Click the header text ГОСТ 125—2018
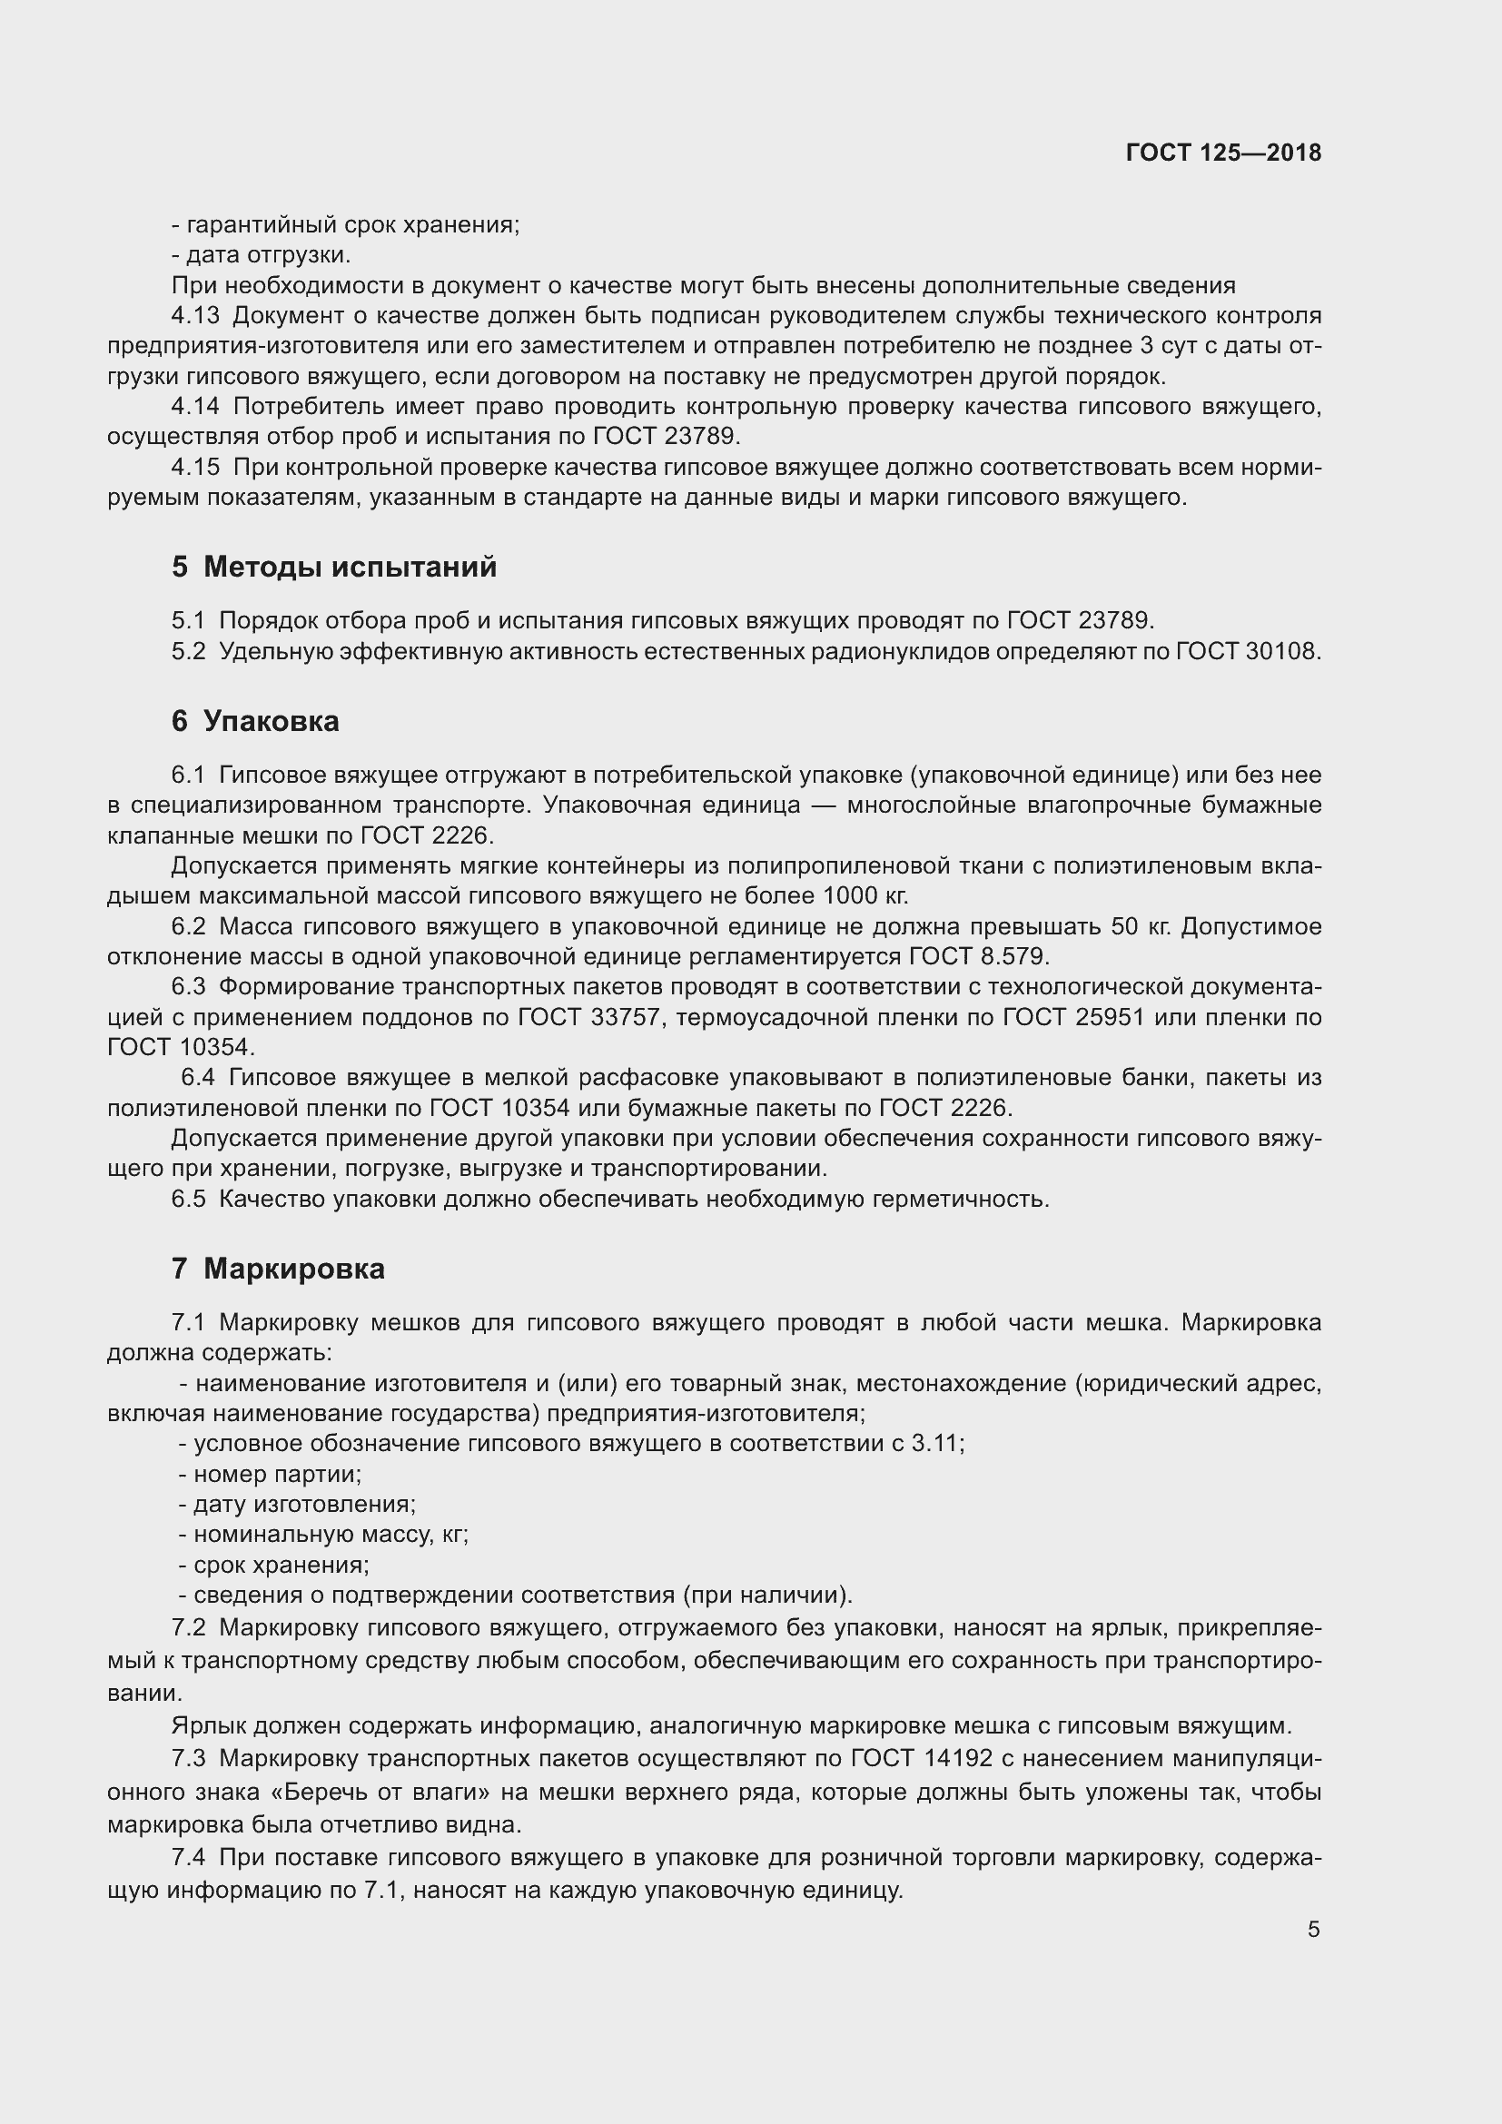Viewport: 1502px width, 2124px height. [1222, 153]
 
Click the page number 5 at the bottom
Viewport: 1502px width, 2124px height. [1313, 1929]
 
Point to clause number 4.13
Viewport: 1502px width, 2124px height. [195, 315]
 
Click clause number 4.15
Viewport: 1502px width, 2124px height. [195, 467]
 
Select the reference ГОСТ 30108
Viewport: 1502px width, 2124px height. [1248, 651]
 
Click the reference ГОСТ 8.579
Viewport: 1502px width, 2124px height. [980, 955]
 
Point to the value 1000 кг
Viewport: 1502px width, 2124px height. [869, 895]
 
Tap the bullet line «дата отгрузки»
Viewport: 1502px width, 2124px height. [261, 254]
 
